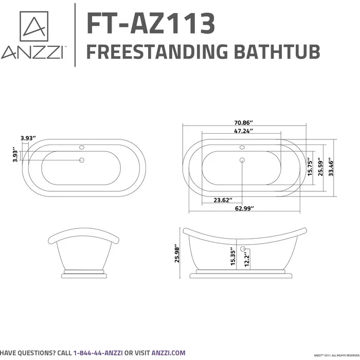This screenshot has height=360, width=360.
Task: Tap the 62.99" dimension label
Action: coord(244,208)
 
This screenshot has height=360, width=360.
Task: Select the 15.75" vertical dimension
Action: coord(310,167)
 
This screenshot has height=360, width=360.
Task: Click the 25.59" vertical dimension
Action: coord(321,167)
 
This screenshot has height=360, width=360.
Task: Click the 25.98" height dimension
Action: coord(177,254)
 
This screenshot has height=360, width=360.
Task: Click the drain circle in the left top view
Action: coord(81,160)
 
